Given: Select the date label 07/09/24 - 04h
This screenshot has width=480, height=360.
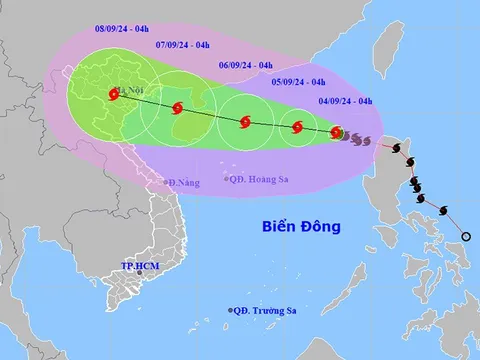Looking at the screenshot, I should tap(186, 46).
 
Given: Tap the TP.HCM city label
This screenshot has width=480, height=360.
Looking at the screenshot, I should tap(141, 267).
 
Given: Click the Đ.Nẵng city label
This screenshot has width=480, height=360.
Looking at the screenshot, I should tap(185, 183).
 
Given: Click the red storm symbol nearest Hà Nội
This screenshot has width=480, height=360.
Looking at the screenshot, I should tap(112, 96).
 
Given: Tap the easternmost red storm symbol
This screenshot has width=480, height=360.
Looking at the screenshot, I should tap(337, 132).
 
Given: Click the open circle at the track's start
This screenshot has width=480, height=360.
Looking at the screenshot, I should tap(466, 236).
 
